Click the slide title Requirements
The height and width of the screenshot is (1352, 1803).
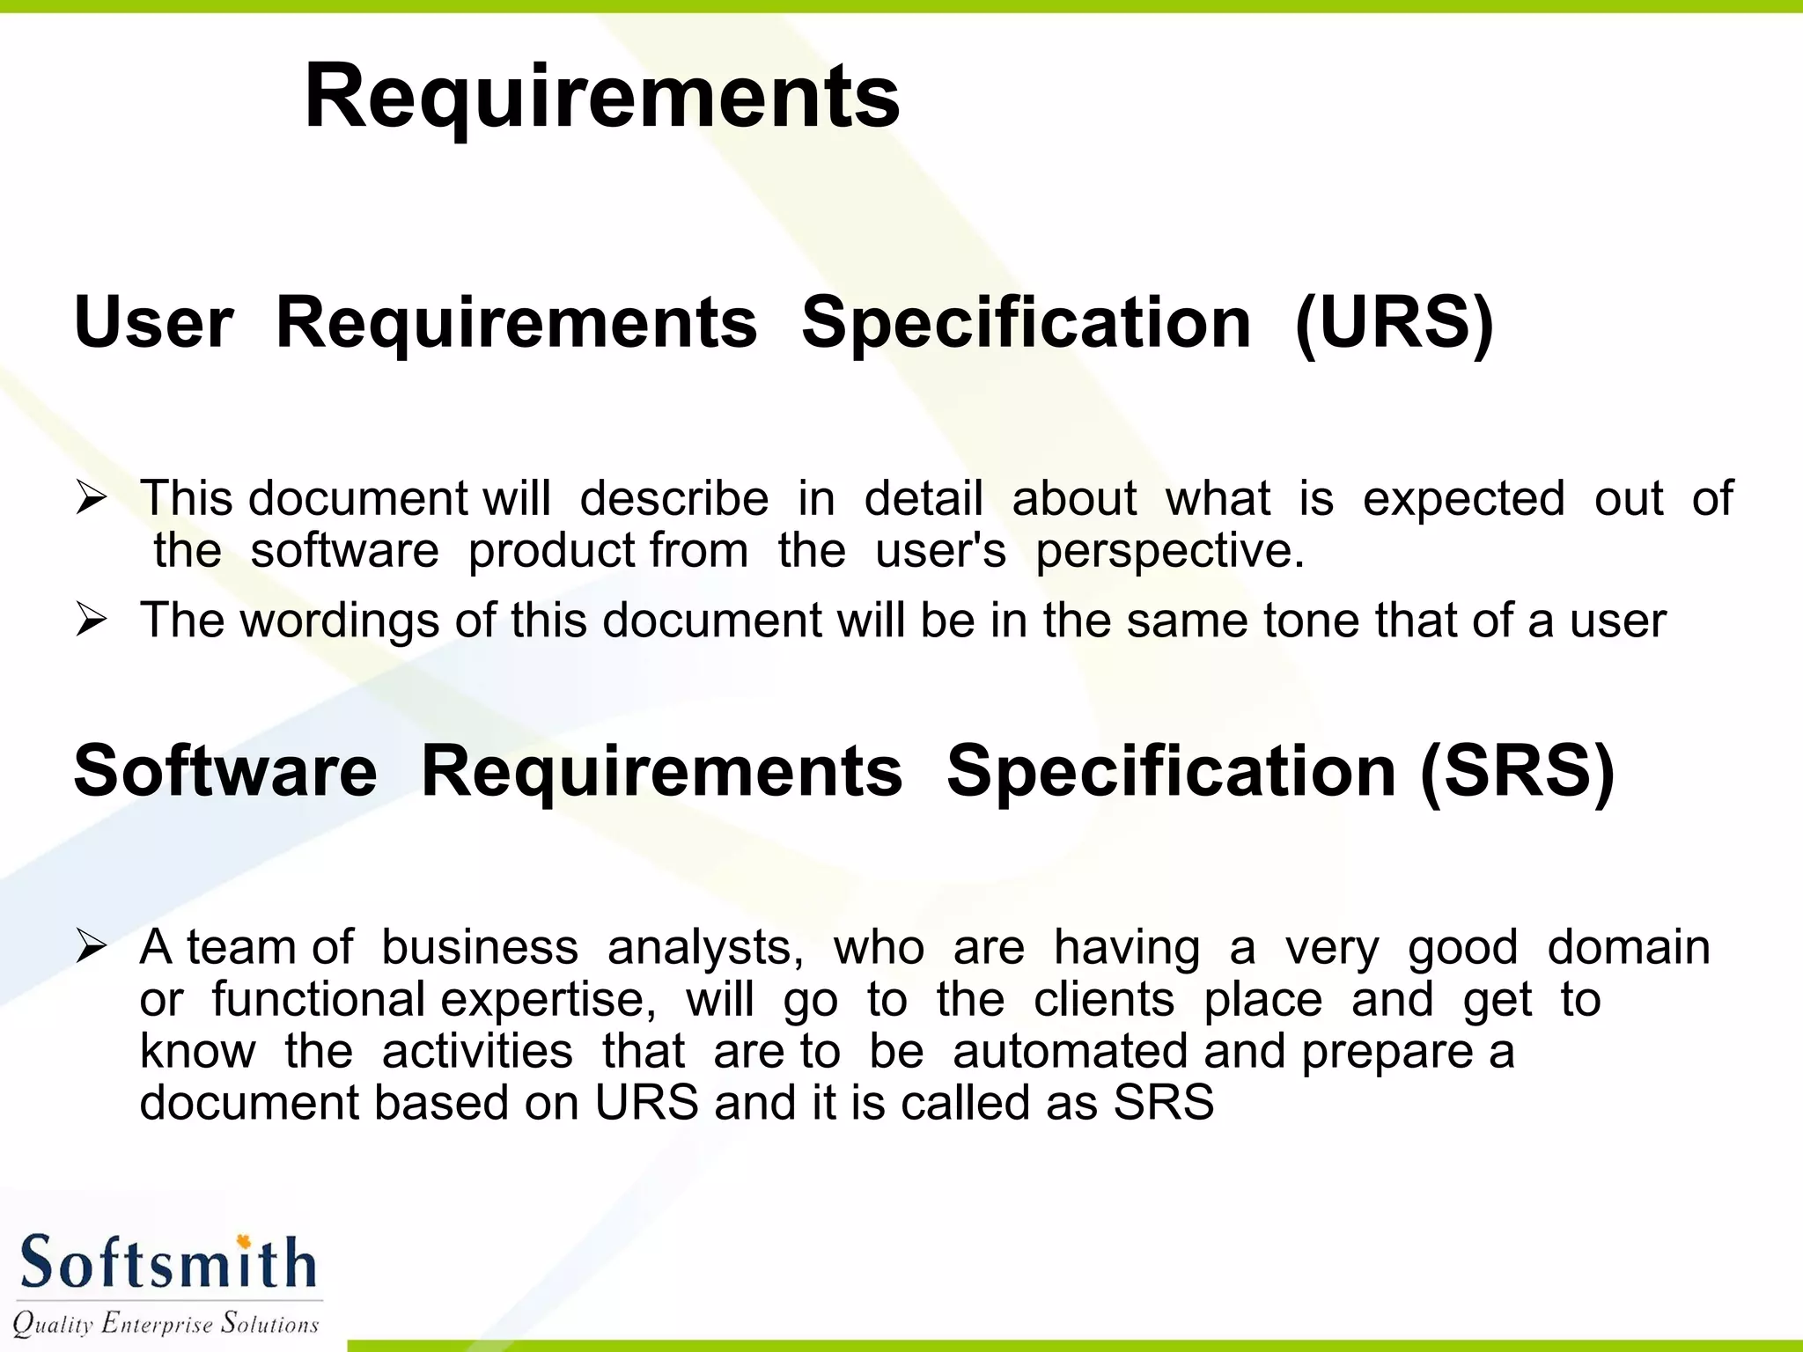pyautogui.click(x=601, y=97)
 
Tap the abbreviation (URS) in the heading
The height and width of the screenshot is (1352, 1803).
pyautogui.click(x=1394, y=323)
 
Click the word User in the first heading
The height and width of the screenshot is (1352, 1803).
pyautogui.click(x=154, y=323)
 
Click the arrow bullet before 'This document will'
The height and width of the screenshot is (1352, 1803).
pyautogui.click(x=91, y=499)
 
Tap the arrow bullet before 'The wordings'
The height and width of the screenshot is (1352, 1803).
pyautogui.click(x=91, y=621)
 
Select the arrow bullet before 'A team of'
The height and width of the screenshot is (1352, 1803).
pyautogui.click(x=91, y=948)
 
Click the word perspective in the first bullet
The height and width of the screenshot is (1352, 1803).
pyautogui.click(x=1169, y=552)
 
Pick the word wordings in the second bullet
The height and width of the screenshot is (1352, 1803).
pyautogui.click(x=339, y=621)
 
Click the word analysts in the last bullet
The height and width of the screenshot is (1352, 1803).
pyautogui.click(x=704, y=948)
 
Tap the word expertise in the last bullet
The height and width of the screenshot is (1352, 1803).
pyautogui.click(x=548, y=1001)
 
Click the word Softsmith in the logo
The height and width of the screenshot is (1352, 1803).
pyautogui.click(x=167, y=1263)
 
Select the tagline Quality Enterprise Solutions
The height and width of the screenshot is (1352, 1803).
pyautogui.click(x=166, y=1324)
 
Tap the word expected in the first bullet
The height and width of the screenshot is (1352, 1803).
pyautogui.click(x=1463, y=499)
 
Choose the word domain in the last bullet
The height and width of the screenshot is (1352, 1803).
pyautogui.click(x=1629, y=948)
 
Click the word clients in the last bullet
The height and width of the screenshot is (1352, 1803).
pyautogui.click(x=1103, y=1001)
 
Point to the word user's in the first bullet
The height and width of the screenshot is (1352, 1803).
pyautogui.click(x=940, y=552)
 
